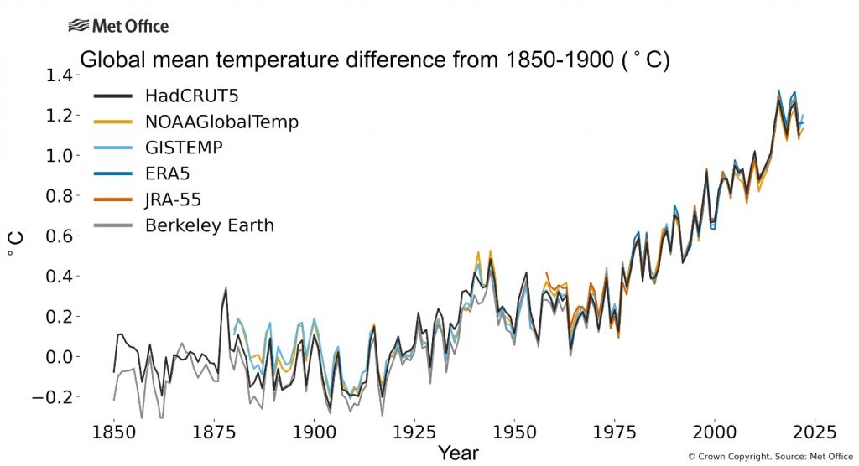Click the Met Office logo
click(118, 26)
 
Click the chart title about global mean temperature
click(374, 61)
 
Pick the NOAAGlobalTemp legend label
click(221, 122)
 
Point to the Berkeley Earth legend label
click(209, 225)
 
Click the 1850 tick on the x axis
click(114, 432)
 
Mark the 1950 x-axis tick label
click(514, 432)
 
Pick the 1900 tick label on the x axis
click(314, 432)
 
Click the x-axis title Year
click(457, 453)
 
